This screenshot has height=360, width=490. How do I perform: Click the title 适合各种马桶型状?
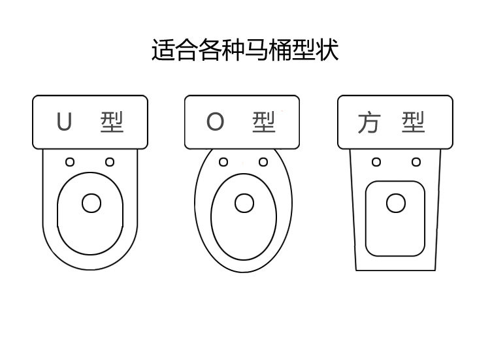245,50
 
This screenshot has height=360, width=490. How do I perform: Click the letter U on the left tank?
64,122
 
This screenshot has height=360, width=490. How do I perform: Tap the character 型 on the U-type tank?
112,122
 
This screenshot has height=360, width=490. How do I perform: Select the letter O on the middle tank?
216,122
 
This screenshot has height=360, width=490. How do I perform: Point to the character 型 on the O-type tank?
264,122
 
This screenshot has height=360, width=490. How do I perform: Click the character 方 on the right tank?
368,123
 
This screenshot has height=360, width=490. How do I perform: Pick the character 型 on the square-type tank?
414,122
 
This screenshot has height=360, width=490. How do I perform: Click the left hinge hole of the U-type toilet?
70,162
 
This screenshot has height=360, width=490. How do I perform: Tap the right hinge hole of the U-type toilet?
110,162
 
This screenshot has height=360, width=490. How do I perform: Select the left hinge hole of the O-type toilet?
223,162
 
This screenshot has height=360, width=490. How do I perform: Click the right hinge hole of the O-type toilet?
263,162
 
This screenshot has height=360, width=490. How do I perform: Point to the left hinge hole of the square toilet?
376,162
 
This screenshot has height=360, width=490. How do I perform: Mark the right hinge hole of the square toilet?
416,162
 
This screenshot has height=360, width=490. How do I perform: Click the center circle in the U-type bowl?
91,203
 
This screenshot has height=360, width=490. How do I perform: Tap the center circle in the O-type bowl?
244,203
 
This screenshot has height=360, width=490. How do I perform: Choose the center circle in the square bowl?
396,203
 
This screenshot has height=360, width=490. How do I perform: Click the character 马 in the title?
257,50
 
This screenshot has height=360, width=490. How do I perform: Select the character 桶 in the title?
280,50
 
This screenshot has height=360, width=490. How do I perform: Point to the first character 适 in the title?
163,50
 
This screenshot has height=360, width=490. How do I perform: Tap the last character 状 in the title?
327,50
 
